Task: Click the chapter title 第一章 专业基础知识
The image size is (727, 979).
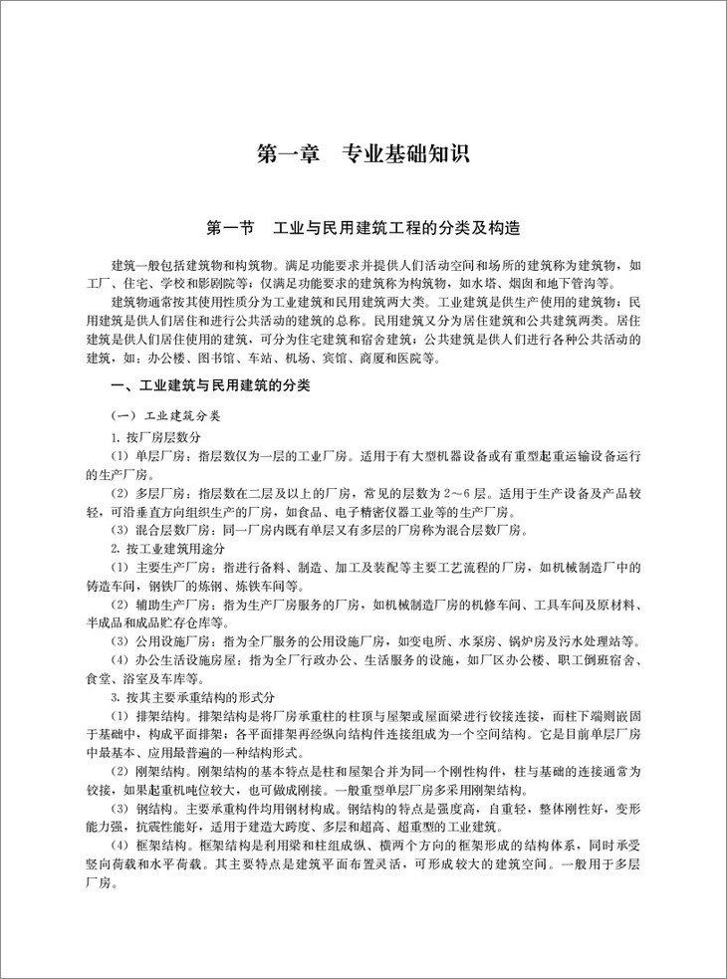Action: pyautogui.click(x=363, y=155)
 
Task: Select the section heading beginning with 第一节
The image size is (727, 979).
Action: pyautogui.click(x=363, y=228)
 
